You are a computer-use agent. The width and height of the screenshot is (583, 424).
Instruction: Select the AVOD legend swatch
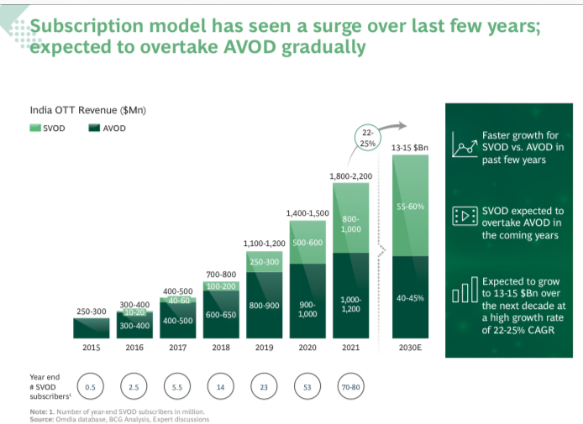click(x=93, y=128)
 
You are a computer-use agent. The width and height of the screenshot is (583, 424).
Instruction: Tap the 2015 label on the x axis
click(x=92, y=347)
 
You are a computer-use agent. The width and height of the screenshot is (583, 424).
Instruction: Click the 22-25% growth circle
click(x=367, y=138)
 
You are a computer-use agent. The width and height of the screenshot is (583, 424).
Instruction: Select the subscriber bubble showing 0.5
click(x=91, y=386)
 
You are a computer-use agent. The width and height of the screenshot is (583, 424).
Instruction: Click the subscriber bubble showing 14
click(x=221, y=386)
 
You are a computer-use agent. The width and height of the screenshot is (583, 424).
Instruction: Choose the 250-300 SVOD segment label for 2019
click(x=264, y=262)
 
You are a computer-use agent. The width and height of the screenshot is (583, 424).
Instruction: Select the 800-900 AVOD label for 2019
click(x=264, y=306)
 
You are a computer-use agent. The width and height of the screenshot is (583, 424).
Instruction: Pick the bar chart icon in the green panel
click(x=465, y=292)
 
